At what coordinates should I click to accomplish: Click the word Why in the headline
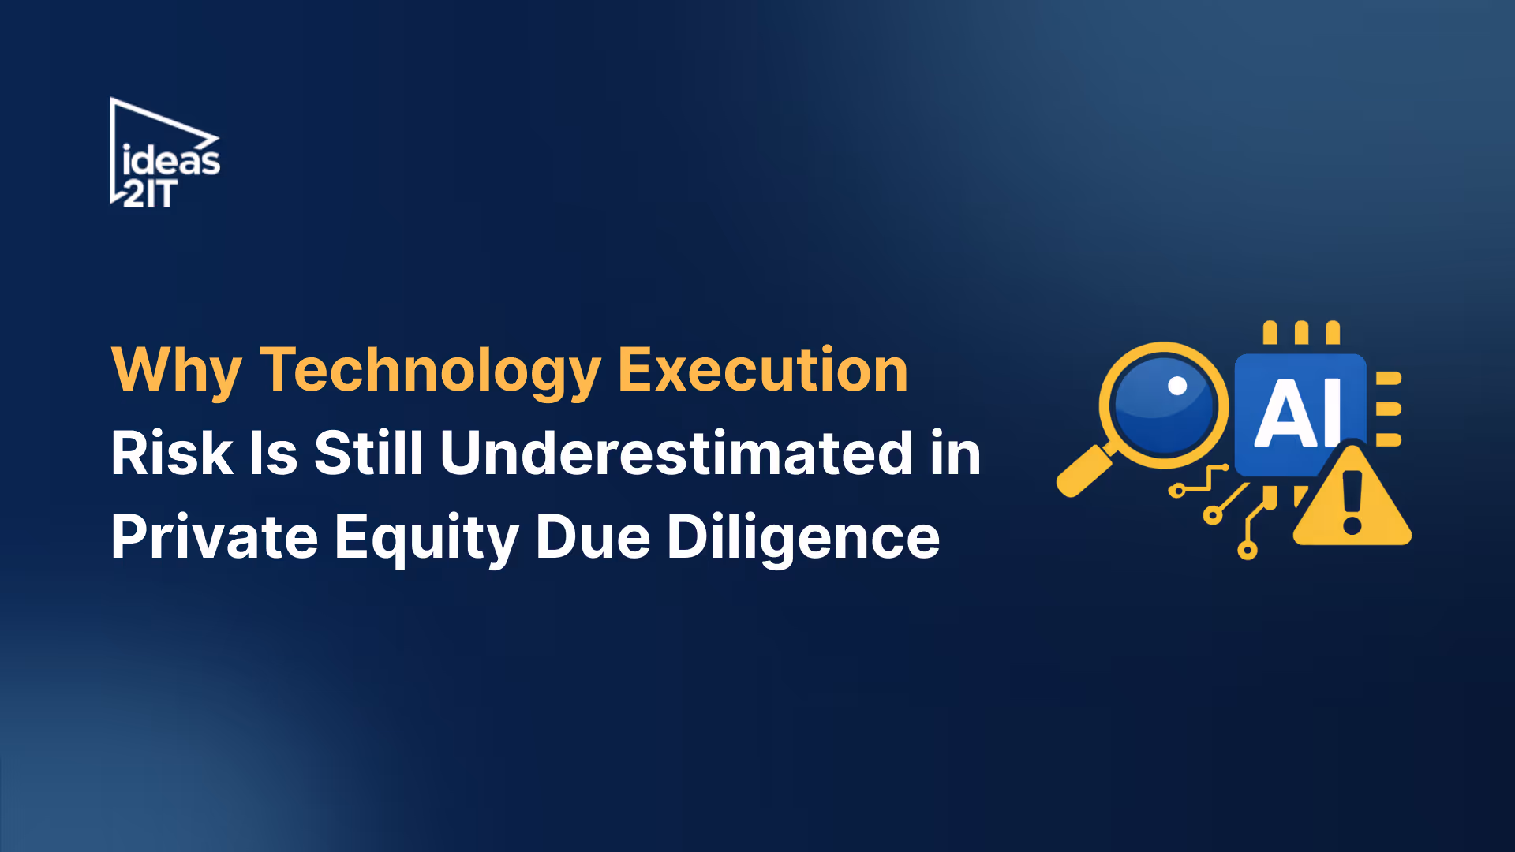[x=176, y=371]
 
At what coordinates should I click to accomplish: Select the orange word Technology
[x=430, y=371]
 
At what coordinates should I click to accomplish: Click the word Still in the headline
[x=368, y=454]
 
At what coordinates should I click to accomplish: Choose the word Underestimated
[x=676, y=454]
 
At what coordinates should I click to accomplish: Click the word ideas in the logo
[x=171, y=161]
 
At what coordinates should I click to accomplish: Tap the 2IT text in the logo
[x=149, y=193]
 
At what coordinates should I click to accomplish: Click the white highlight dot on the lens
[x=1177, y=386]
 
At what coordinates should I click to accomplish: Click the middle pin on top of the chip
[x=1301, y=333]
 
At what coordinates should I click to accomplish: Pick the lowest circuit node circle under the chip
[x=1247, y=550]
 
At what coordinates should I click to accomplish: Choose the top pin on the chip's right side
[x=1389, y=379]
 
